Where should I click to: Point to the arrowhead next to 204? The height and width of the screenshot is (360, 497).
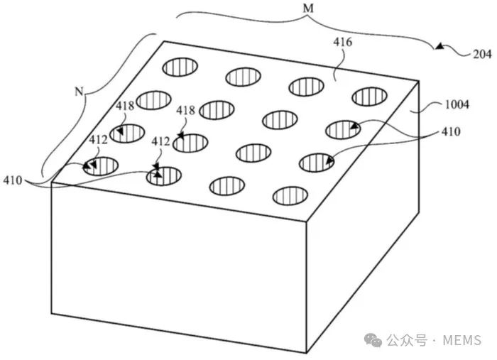coord(440,48)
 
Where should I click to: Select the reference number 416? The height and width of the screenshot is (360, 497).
coord(343,43)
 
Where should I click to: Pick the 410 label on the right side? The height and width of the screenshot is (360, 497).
coord(449,131)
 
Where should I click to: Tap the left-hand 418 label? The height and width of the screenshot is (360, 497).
coord(126,107)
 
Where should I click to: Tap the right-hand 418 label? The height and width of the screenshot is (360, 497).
coord(186,111)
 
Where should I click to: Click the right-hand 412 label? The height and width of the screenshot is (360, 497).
coord(160,141)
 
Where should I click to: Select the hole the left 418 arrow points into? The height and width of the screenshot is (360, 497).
coord(126,133)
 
